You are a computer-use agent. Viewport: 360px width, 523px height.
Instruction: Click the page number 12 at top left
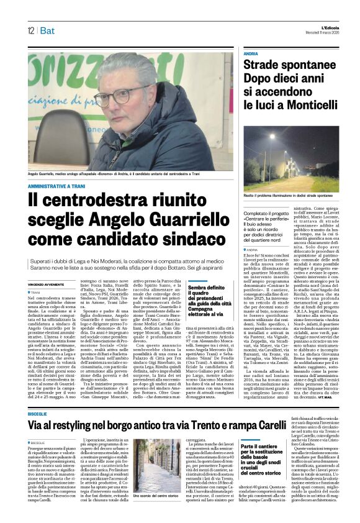pos(30,30)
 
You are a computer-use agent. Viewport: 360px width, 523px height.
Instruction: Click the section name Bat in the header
pos(47,30)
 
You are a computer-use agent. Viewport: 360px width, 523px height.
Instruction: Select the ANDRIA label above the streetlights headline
pos(251,55)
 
